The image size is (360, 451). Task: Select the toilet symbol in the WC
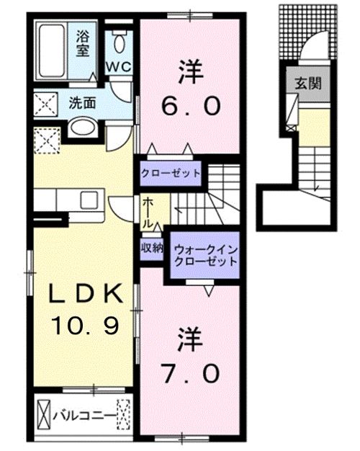point(120,42)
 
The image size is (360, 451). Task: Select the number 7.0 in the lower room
point(189,374)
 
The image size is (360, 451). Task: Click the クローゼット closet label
point(170,174)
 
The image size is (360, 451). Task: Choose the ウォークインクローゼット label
point(202,254)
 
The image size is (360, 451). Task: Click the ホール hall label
point(147,213)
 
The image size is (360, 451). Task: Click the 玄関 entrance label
point(302,81)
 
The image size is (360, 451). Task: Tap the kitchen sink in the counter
point(91,200)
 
